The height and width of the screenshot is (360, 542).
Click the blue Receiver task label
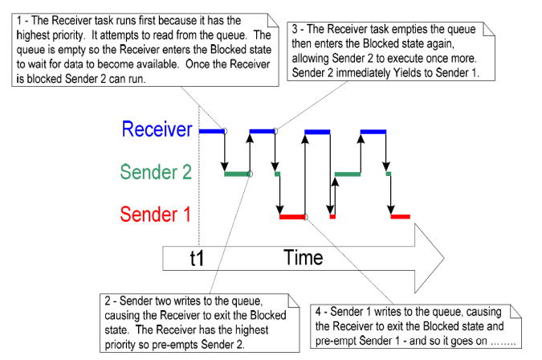tap(157, 129)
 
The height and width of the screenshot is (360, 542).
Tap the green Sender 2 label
tap(156, 171)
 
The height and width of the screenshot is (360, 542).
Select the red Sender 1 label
tap(156, 214)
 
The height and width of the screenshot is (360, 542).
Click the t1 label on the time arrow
tap(197, 258)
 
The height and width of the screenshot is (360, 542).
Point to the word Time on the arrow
tap(304, 258)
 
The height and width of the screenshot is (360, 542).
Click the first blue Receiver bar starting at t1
tap(212, 132)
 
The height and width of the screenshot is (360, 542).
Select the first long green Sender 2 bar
tap(237, 174)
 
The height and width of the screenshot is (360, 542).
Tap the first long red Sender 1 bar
tap(292, 217)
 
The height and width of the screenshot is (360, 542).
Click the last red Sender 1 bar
tap(401, 217)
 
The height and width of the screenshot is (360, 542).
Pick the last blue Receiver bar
tap(373, 132)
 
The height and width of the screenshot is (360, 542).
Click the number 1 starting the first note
tap(19, 21)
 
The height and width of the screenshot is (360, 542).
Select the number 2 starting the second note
tap(108, 301)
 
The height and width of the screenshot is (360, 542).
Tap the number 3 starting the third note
tap(295, 29)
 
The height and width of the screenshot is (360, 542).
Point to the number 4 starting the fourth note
tap(318, 312)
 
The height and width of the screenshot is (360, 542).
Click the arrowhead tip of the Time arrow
tap(444, 258)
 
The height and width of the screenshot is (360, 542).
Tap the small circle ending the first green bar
tap(250, 174)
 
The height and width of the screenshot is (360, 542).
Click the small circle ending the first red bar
tap(305, 217)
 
